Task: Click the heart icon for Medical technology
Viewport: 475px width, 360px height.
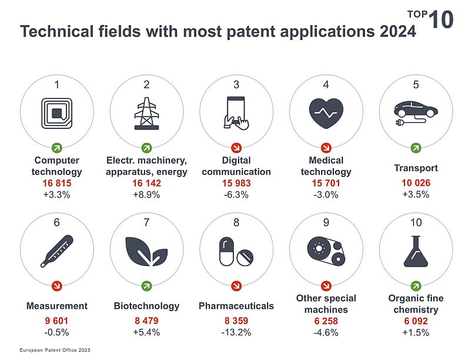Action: tap(326, 111)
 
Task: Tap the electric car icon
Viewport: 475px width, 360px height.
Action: tap(415, 111)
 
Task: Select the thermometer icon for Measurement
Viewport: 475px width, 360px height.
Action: tap(56, 251)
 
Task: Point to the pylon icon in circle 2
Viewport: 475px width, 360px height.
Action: tap(146, 112)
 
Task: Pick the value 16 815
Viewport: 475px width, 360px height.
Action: tap(56, 184)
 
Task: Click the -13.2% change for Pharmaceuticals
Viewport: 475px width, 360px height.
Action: tap(236, 332)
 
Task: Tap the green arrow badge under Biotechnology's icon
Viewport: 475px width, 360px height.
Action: tap(146, 286)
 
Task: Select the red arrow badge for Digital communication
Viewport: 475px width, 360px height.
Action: tap(236, 146)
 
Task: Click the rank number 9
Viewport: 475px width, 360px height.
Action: tap(326, 223)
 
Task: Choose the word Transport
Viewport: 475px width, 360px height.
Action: tap(416, 169)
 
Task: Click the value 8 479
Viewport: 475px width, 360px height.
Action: tap(146, 321)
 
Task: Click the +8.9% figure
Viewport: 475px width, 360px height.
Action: tap(146, 195)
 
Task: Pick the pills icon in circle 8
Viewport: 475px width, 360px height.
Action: tap(236, 251)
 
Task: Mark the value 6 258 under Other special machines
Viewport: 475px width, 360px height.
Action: tap(326, 321)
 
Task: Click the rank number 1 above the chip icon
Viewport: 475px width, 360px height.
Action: tap(56, 85)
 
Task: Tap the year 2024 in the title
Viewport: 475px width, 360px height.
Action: tap(393, 31)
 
